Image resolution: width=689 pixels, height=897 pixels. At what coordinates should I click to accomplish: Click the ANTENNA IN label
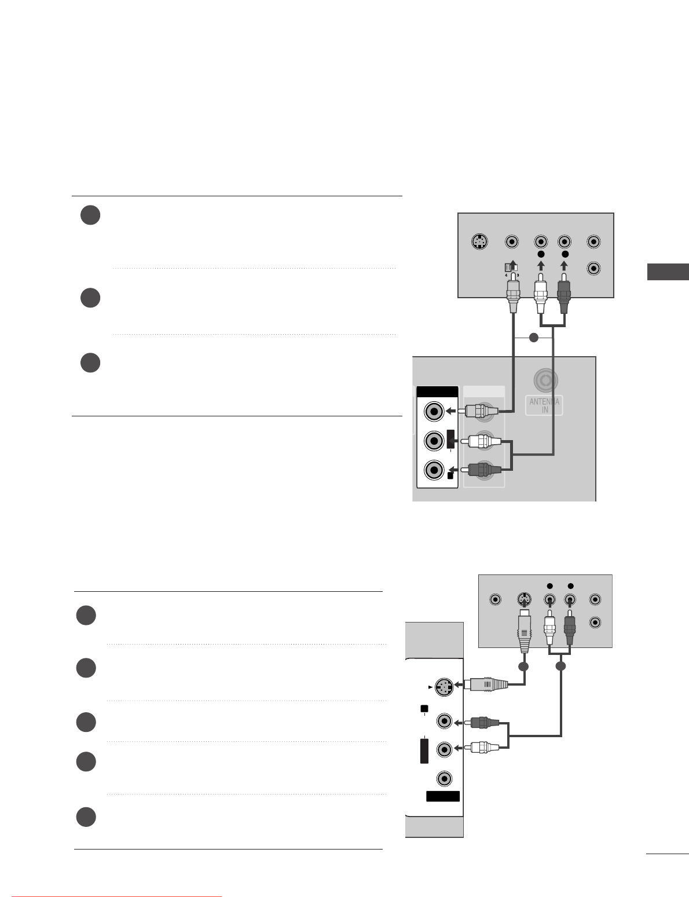pyautogui.click(x=544, y=405)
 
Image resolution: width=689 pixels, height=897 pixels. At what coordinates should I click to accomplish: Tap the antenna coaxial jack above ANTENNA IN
pyautogui.click(x=545, y=381)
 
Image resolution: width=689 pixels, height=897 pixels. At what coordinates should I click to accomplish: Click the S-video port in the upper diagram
pyautogui.click(x=478, y=242)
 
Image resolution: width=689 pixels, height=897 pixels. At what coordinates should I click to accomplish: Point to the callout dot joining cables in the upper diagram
pyautogui.click(x=534, y=338)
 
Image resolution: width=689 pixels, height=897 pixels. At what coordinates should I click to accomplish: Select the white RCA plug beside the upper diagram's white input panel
pyautogui.click(x=483, y=442)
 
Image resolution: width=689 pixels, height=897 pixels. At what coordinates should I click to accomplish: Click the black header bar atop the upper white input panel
pyautogui.click(x=437, y=392)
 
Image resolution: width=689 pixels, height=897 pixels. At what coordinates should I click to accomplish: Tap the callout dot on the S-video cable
pyautogui.click(x=523, y=667)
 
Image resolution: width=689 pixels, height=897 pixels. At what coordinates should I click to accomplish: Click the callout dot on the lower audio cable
pyautogui.click(x=560, y=667)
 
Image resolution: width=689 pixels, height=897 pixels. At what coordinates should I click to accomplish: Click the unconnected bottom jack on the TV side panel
pyautogui.click(x=444, y=778)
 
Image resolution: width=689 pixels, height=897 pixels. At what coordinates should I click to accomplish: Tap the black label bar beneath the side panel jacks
pyautogui.click(x=443, y=796)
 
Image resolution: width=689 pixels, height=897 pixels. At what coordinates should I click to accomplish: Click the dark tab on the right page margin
pyautogui.click(x=668, y=272)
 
